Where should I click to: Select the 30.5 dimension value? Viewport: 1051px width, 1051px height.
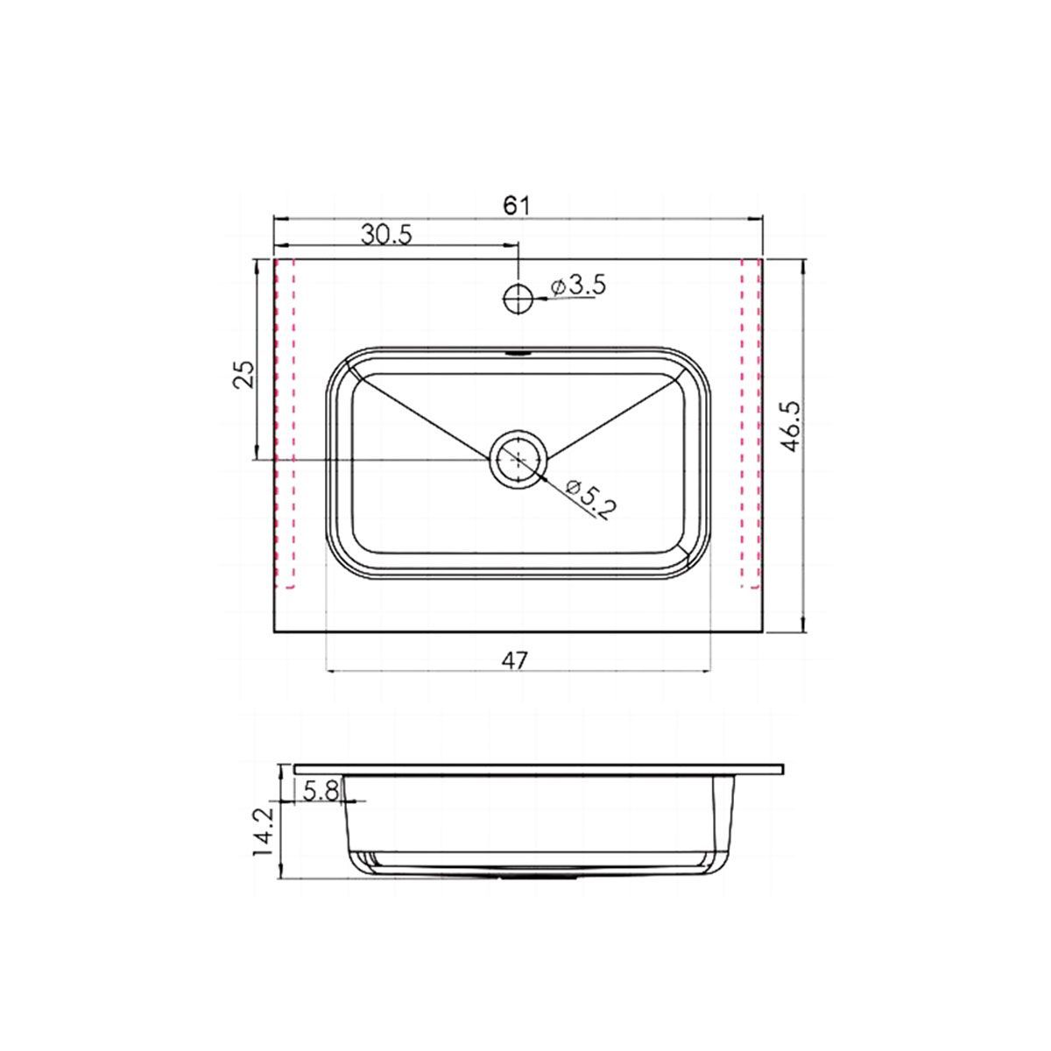click(x=387, y=235)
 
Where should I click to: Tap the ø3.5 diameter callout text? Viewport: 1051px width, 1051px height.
click(x=578, y=287)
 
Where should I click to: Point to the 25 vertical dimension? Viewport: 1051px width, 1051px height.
click(x=243, y=374)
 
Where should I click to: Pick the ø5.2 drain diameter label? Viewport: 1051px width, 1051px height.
click(x=590, y=499)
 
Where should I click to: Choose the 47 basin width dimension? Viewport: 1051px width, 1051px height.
click(x=515, y=661)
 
